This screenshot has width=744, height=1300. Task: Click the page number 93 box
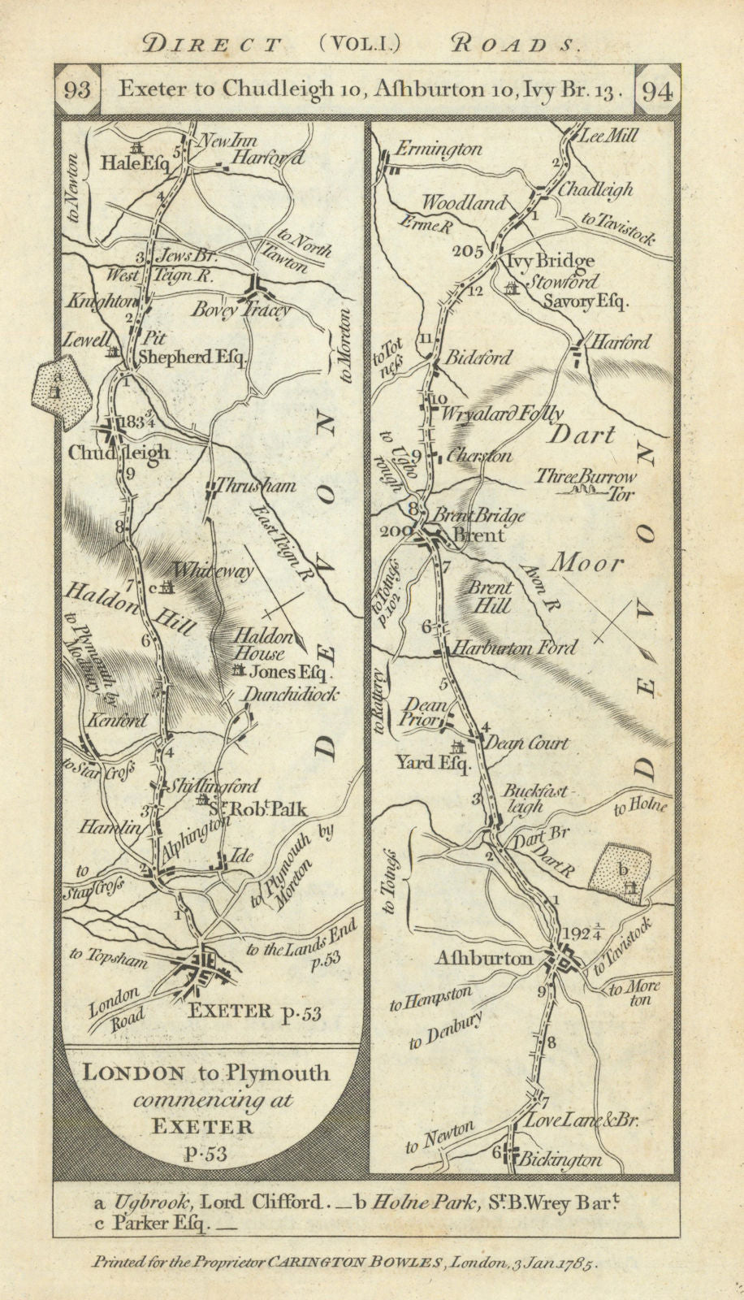pyautogui.click(x=77, y=90)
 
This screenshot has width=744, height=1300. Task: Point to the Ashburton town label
pyautogui.click(x=484, y=958)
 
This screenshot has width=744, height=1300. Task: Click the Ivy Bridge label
pyautogui.click(x=549, y=261)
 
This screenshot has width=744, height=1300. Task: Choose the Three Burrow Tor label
pyautogui.click(x=597, y=484)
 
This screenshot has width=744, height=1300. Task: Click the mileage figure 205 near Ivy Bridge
pyautogui.click(x=469, y=250)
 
